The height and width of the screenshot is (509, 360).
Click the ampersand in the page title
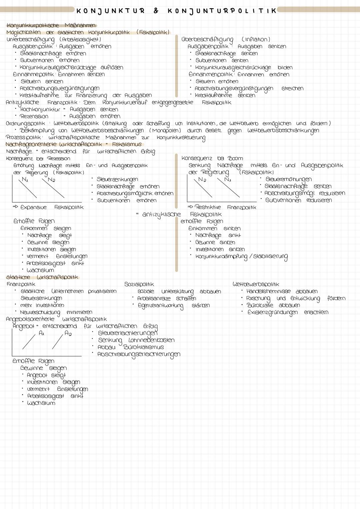(x=156, y=11)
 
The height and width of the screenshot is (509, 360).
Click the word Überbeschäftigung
(x=207, y=40)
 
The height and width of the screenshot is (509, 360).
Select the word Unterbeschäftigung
(x=30, y=40)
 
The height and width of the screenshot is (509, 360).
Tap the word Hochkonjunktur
(x=40, y=110)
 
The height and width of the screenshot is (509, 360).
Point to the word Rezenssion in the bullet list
(x=34, y=117)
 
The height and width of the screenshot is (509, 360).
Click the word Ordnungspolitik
(x=26, y=124)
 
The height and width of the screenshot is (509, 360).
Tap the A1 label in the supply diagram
(x=42, y=333)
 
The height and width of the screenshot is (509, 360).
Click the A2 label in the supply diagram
(x=68, y=333)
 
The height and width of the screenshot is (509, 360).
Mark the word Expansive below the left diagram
(x=33, y=207)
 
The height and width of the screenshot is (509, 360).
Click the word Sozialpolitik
(x=139, y=284)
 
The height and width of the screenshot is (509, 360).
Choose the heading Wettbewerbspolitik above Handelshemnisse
(x=256, y=284)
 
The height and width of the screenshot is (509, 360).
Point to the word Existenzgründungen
(x=272, y=312)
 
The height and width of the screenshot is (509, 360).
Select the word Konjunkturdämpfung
(x=221, y=256)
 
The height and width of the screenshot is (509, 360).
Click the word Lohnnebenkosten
(x=151, y=340)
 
